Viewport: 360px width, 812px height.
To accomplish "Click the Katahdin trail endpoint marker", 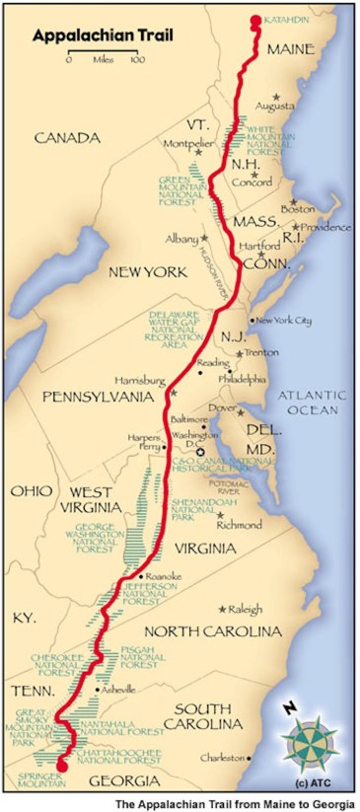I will point(255,19).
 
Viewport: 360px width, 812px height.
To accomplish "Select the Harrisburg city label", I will point(146,381).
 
